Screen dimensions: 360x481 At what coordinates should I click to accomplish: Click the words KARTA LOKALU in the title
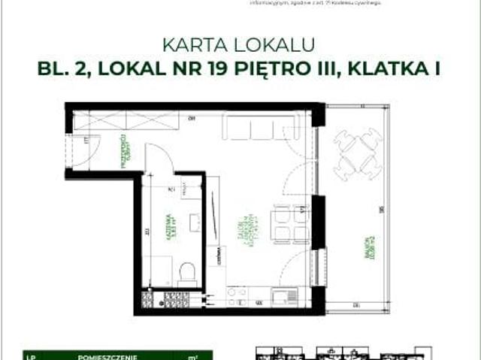240,44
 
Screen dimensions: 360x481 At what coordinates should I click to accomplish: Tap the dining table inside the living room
290,224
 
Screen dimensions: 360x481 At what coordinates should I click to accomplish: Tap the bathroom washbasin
194,222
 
